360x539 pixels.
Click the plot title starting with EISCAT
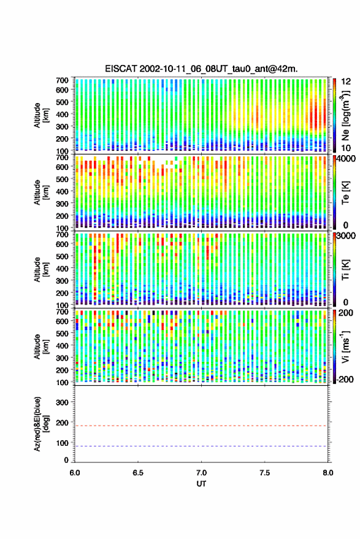pyautogui.click(x=202, y=69)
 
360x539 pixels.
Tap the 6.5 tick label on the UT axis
pyautogui.click(x=138, y=473)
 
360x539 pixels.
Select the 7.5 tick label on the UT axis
pyautogui.click(x=264, y=473)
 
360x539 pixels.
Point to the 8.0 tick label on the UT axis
pyautogui.click(x=327, y=473)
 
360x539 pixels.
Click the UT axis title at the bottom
pyautogui.click(x=201, y=484)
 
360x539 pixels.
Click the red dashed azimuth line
pyautogui.click(x=201, y=426)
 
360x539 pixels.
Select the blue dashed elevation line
pyautogui.click(x=201, y=446)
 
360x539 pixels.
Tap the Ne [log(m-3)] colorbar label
pyautogui.click(x=345, y=115)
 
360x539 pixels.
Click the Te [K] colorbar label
pyautogui.click(x=345, y=193)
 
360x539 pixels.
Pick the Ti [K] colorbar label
pyautogui.click(x=345, y=270)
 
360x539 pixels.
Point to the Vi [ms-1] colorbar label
pyautogui.click(x=345, y=346)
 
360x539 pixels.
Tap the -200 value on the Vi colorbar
pyautogui.click(x=345, y=379)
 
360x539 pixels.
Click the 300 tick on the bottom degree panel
pyautogui.click(x=62, y=402)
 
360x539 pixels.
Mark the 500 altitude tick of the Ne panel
pyautogui.click(x=62, y=102)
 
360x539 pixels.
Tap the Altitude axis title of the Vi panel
pyautogui.click(x=40, y=346)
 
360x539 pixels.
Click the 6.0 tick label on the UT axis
pyautogui.click(x=75, y=473)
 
